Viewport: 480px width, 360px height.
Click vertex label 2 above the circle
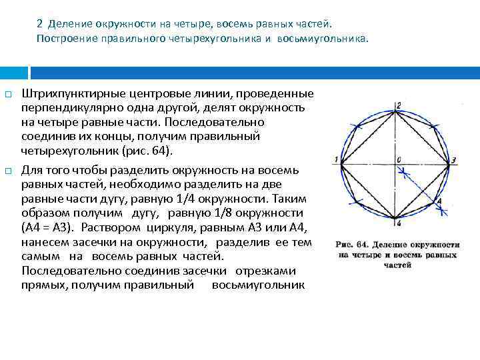398,105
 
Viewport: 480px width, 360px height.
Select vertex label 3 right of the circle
453,161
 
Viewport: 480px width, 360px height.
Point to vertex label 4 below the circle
398,223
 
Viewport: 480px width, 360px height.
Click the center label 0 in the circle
399,159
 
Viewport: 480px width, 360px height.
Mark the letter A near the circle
439,200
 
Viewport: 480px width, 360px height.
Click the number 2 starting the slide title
39,24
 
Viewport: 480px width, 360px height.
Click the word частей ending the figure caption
397,265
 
